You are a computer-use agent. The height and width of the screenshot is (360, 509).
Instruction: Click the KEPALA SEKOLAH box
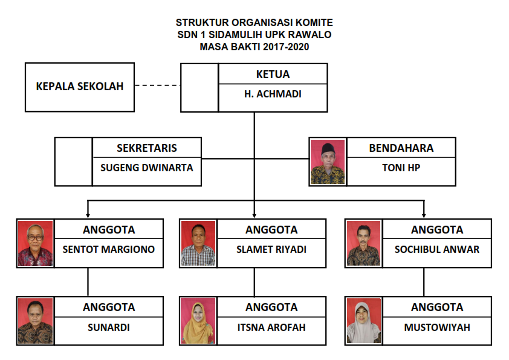[x=79, y=87]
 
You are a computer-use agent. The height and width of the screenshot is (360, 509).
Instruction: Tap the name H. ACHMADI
[x=273, y=94]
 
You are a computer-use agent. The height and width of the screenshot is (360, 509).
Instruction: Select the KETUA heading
[x=273, y=74]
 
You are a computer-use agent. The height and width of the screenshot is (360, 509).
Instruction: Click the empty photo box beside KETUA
[x=199, y=87]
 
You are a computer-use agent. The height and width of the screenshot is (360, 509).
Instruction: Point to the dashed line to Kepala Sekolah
[x=157, y=86]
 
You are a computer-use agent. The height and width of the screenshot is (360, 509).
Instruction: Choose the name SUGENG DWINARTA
[x=147, y=168]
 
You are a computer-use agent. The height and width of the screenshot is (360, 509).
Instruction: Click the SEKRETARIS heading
[x=147, y=148]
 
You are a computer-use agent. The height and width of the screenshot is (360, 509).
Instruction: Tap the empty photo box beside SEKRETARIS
[x=74, y=162]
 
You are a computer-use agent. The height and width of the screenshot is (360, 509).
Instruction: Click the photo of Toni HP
[x=327, y=162]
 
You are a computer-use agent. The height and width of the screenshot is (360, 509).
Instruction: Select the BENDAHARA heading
[x=401, y=148]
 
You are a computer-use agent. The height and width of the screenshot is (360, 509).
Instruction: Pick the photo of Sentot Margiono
[x=35, y=243]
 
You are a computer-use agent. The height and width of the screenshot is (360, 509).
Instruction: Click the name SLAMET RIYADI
[x=271, y=249]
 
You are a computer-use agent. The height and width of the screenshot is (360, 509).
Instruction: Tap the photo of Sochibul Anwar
[x=363, y=243]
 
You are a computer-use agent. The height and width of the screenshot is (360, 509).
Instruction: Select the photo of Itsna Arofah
[x=198, y=321]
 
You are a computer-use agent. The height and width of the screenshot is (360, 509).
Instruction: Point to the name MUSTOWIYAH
[x=437, y=327]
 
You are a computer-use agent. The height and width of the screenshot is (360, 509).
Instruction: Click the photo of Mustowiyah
[x=363, y=321]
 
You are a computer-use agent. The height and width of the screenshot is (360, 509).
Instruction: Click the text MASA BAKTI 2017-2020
[x=254, y=47]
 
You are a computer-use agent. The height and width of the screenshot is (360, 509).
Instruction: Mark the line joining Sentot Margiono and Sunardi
[x=88, y=281]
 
